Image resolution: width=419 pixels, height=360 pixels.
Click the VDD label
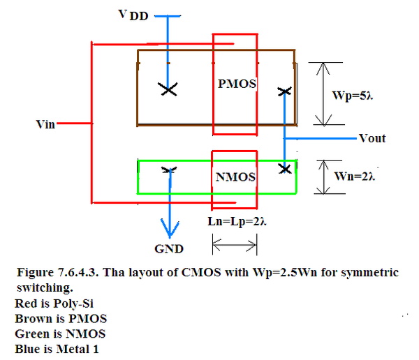pos(133,15)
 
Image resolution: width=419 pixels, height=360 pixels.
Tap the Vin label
pos(45,124)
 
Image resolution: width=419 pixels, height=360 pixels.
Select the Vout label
pos(372,138)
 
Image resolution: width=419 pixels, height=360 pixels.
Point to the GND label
pos(169,249)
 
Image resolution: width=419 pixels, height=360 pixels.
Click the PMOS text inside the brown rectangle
pos(237,84)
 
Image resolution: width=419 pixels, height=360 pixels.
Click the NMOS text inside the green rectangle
pos(236,177)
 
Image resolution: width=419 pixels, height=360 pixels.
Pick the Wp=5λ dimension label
pos(352,96)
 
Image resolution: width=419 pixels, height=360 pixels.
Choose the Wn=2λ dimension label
pos(354,177)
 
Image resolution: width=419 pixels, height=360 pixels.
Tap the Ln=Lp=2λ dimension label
pos(237,222)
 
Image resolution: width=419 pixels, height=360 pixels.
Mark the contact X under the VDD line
pos(168,89)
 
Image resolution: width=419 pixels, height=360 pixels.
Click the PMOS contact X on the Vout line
pos(284,92)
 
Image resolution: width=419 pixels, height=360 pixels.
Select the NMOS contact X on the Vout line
pos(285,169)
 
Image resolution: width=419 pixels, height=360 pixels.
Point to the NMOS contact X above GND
pos(170,170)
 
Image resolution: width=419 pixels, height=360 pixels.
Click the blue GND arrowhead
pos(170,228)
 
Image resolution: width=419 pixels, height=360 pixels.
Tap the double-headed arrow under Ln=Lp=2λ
pos(235,245)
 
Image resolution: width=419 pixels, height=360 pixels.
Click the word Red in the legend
pos(25,303)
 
